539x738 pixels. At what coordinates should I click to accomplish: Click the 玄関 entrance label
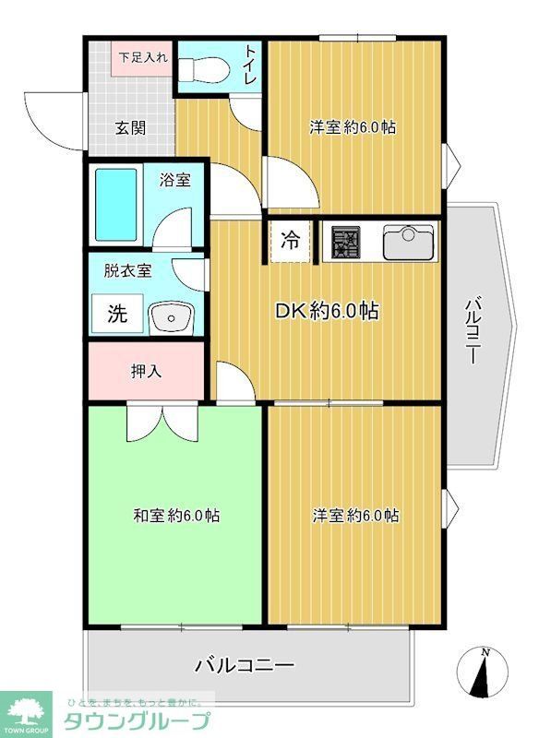coord(131,128)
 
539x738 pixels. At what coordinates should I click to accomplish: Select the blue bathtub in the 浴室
coord(115,204)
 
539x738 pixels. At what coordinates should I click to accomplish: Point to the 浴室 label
coord(174,180)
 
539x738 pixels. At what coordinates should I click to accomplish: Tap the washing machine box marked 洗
coord(117,314)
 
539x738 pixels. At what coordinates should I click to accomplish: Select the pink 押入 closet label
coord(146,372)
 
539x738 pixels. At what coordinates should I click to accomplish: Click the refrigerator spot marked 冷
coord(290,242)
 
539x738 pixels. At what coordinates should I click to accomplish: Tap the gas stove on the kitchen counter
coord(347,243)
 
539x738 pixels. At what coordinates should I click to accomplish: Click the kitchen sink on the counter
coord(407,243)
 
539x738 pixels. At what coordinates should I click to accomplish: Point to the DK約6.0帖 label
coord(327,312)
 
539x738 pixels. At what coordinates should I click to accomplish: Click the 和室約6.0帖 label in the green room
coord(175,516)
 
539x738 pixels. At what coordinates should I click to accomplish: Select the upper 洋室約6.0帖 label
coord(353,127)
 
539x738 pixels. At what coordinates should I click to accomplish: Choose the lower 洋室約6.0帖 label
coord(355,516)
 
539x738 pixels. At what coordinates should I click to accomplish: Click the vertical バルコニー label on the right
coord(473,329)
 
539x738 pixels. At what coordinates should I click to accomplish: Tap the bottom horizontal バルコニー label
coord(244,664)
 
